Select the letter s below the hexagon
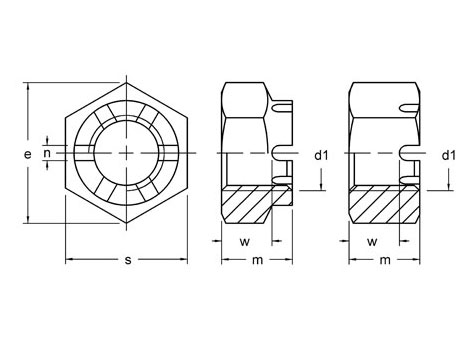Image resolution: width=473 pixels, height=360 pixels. pos(128,261)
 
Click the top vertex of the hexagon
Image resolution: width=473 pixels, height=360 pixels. pos(128,79)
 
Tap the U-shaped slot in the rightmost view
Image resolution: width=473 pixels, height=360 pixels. pos(409,152)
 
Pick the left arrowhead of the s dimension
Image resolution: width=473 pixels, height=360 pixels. pos(69,261)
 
